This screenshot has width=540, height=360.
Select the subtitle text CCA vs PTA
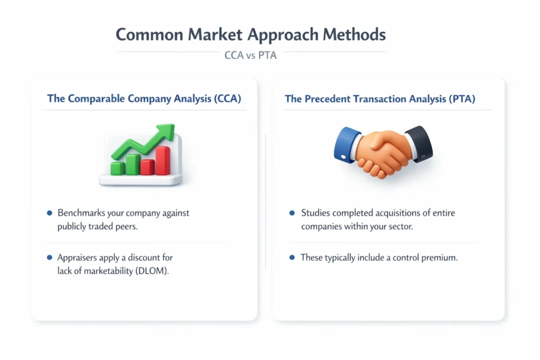(250, 55)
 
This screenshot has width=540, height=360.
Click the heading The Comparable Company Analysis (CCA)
(144, 99)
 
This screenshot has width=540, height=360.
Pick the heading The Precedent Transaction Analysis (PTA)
(380, 99)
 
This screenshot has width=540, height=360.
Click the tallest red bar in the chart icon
(163, 160)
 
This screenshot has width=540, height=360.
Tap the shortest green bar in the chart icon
(118, 168)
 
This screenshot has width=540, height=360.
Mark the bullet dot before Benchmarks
(50, 213)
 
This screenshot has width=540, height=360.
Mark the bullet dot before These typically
(292, 258)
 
